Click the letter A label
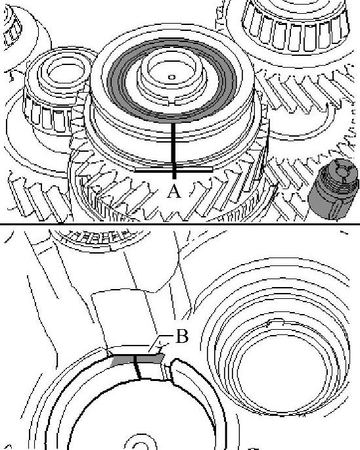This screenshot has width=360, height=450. click(x=174, y=191)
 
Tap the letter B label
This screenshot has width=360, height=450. click(x=182, y=336)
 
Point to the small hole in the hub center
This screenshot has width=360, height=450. click(x=171, y=77)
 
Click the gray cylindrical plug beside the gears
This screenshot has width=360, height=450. click(x=334, y=189)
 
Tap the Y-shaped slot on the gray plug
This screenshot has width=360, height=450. click(x=342, y=171)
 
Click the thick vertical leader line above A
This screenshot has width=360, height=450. click(x=173, y=150)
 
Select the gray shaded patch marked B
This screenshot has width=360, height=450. click(x=137, y=359)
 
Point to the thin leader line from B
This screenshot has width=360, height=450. click(x=160, y=343)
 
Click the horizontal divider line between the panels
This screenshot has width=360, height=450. click(x=180, y=223)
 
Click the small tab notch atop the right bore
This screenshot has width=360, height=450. click(x=275, y=322)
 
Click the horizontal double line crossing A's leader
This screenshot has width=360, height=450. click(x=173, y=170)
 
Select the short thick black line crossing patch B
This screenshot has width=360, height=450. click(x=137, y=367)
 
